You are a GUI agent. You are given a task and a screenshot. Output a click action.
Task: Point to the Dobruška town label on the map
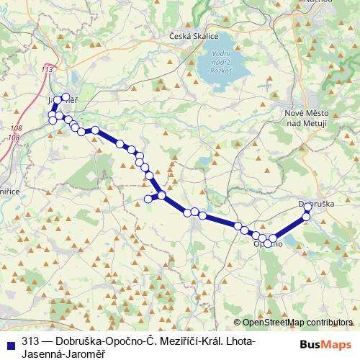[318, 204]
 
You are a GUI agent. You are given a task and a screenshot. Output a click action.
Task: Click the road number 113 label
[48, 69]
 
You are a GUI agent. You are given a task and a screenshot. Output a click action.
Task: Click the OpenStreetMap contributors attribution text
[297, 323]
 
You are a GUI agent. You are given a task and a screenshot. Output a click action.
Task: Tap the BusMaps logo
[326, 344]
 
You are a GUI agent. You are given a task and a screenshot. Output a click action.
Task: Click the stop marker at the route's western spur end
[148, 199]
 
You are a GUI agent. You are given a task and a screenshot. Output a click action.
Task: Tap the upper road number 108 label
[17, 127]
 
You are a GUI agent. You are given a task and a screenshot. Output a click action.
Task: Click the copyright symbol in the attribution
[238, 323]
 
